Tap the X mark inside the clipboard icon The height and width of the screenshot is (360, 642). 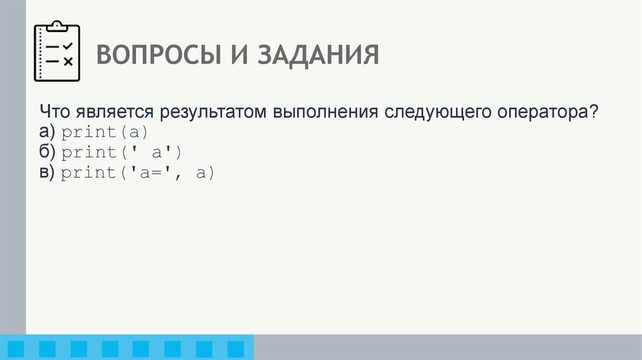point(68,61)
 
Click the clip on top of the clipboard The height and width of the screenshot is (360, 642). point(57,26)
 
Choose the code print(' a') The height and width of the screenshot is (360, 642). point(121,152)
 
